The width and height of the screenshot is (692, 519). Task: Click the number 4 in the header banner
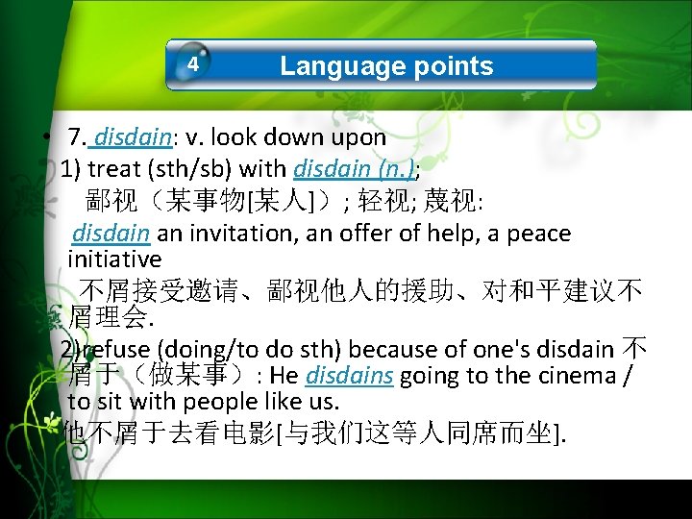point(193,65)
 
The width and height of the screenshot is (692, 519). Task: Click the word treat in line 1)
point(113,169)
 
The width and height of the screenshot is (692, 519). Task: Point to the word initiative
point(114,259)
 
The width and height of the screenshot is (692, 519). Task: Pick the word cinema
point(576,375)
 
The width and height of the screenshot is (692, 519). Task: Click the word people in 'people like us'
point(228,401)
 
